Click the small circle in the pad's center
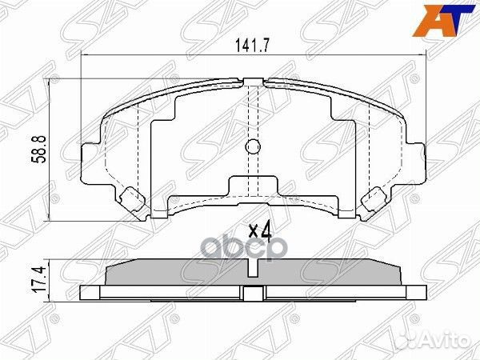(253, 148)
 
